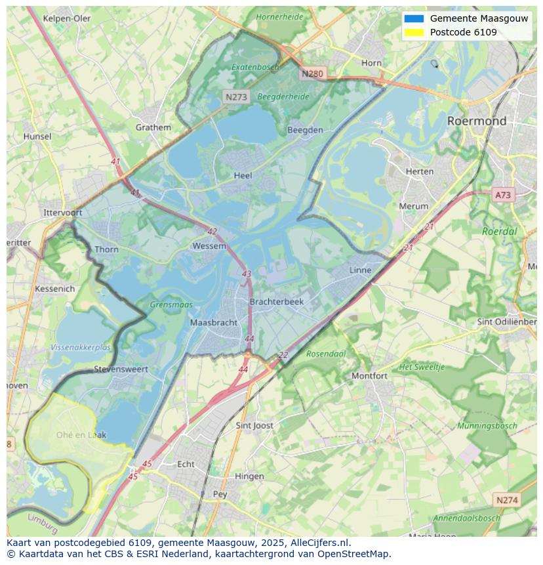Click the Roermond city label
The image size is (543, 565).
pyautogui.click(x=477, y=121)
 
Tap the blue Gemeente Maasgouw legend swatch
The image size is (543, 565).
pyautogui.click(x=414, y=18)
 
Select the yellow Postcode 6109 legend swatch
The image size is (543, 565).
pyautogui.click(x=414, y=32)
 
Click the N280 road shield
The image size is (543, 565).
pyautogui.click(x=312, y=73)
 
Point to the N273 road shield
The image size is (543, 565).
pyautogui.click(x=236, y=96)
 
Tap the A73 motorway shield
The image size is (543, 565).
pyautogui.click(x=503, y=195)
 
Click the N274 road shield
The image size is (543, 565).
pyautogui.click(x=507, y=500)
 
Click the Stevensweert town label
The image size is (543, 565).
pyautogui.click(x=121, y=369)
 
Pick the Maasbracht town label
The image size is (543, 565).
pyautogui.click(x=213, y=323)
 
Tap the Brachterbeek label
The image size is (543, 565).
pyautogui.click(x=277, y=302)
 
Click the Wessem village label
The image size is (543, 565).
pyautogui.click(x=209, y=246)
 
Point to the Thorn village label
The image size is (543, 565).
pyautogui.click(x=106, y=249)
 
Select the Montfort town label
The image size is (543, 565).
pyautogui.click(x=370, y=376)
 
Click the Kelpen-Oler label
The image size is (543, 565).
pyautogui.click(x=67, y=18)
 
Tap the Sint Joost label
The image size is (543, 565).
pyautogui.click(x=254, y=426)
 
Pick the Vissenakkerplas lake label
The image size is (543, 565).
pyautogui.click(x=81, y=347)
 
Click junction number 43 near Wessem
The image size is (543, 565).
pyautogui.click(x=247, y=274)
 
